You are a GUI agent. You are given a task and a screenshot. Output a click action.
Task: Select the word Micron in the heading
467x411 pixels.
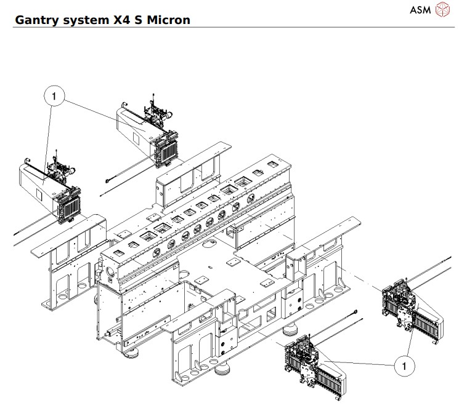click(167, 20)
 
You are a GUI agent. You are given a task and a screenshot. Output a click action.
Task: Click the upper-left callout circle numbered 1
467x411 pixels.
click(54, 96)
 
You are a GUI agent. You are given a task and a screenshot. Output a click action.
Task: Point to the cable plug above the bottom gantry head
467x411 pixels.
click(356, 314)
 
